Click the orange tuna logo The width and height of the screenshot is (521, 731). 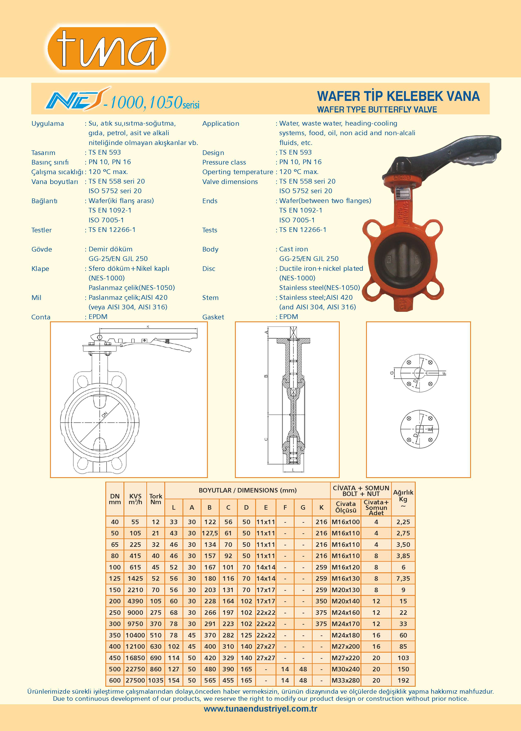(107, 48)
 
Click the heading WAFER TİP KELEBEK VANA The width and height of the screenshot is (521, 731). (398, 96)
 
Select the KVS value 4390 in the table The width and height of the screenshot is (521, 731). (135, 601)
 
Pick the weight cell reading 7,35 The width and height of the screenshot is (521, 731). (403, 579)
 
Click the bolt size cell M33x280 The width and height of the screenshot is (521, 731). (345, 680)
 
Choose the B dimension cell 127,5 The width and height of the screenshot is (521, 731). (210, 533)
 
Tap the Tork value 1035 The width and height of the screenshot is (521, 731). (156, 680)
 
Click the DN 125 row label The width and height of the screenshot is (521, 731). (115, 579)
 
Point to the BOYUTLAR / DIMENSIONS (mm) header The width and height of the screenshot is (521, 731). (247, 490)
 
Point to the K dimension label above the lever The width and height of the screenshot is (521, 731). (148, 327)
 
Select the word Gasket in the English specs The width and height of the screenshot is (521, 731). (213, 317)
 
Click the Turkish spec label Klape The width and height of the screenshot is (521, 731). (40, 269)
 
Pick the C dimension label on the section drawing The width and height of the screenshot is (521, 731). (266, 439)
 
